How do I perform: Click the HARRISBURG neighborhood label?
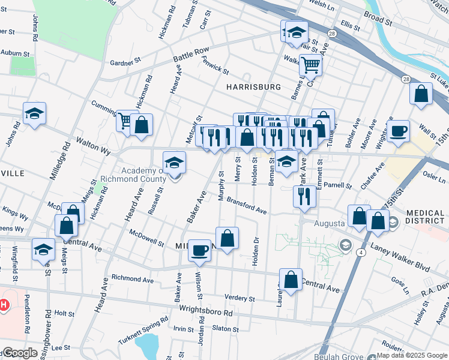(253, 87)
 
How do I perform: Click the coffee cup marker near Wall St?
(399, 131)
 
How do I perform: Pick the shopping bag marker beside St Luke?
(421, 93)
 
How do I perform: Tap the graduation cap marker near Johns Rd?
(35, 113)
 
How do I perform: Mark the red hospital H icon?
(4, 305)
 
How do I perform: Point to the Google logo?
(20, 353)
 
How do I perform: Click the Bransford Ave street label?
(246, 206)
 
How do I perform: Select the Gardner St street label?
(125, 62)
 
